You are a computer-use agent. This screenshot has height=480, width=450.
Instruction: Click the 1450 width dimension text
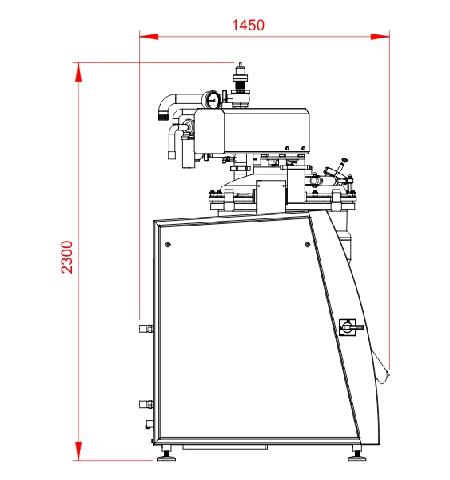[248, 25]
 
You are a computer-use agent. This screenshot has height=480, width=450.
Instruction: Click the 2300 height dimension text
[67, 257]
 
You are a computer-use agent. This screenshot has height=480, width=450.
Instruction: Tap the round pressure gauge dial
[212, 99]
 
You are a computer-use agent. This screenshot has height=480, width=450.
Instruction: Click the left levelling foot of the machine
[166, 456]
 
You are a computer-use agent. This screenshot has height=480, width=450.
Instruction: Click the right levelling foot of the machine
[357, 456]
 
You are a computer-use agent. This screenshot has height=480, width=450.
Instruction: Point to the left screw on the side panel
[168, 244]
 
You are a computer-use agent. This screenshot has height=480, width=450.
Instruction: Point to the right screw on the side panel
[308, 244]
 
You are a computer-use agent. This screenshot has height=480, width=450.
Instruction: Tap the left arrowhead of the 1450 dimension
[149, 37]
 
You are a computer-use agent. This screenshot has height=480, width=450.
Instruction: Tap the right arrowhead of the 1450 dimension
[380, 37]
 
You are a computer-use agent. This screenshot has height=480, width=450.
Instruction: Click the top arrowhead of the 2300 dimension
[78, 72]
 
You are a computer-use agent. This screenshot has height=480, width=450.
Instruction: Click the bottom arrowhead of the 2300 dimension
[78, 450]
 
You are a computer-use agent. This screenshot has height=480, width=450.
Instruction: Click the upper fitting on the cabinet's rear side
[146, 329]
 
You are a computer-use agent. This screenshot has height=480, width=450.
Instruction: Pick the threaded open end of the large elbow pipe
[163, 116]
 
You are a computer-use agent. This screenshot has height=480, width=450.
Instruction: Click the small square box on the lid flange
[271, 197]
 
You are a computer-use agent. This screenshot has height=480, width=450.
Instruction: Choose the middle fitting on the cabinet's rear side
[146, 404]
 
